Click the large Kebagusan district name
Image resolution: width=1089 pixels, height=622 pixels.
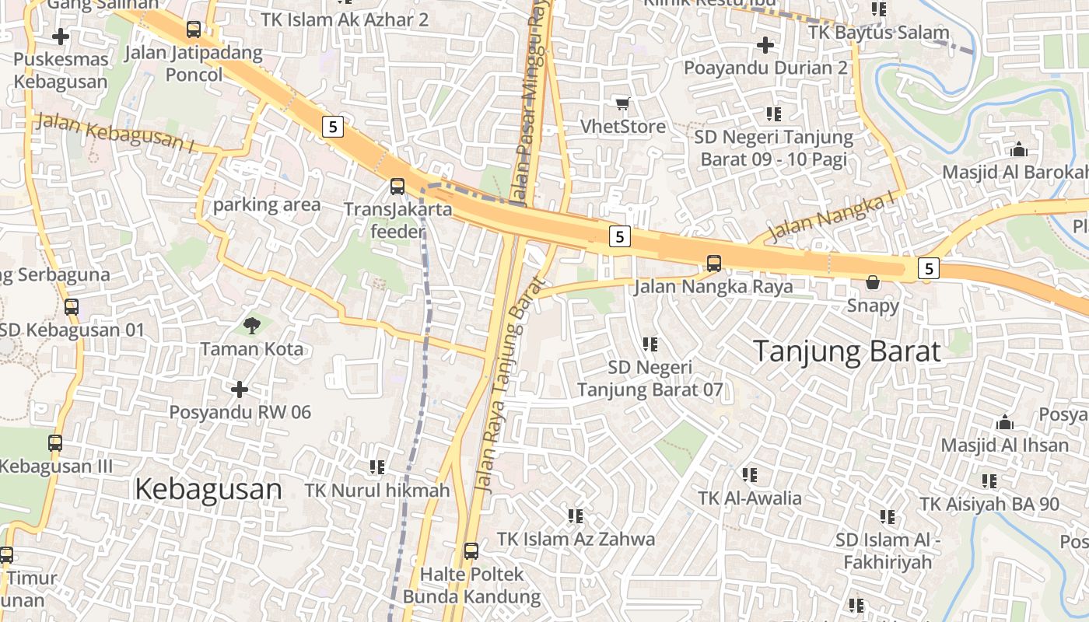point(208,490)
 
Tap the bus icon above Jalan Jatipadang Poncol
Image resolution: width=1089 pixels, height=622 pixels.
point(194,30)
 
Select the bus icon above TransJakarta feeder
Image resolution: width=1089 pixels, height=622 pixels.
point(397,187)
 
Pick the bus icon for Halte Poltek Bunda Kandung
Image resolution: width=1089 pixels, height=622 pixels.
point(471,551)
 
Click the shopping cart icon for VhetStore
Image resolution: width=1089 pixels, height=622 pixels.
point(622,103)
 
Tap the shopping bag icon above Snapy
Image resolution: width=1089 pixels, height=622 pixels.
point(873,282)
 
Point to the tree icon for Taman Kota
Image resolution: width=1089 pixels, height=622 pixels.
point(251,325)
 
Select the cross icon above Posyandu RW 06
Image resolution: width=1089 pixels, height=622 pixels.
point(240,389)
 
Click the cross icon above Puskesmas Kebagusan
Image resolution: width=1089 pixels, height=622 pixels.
point(60,36)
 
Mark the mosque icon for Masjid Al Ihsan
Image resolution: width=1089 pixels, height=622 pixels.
point(1005,423)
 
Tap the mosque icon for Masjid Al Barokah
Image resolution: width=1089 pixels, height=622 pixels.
point(1018,149)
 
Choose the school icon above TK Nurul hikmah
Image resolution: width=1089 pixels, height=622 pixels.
point(377,467)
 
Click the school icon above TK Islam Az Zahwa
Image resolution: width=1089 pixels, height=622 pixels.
point(576,515)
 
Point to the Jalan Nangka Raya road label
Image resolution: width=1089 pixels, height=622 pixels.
point(713,286)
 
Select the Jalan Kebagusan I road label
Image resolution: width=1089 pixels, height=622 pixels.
point(115,131)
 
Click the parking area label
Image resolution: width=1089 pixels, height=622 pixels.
point(267,205)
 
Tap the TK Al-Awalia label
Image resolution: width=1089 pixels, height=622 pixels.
point(749,498)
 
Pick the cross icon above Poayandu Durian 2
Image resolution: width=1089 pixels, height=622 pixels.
point(765,45)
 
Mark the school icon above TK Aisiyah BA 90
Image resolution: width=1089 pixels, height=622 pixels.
point(989,481)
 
